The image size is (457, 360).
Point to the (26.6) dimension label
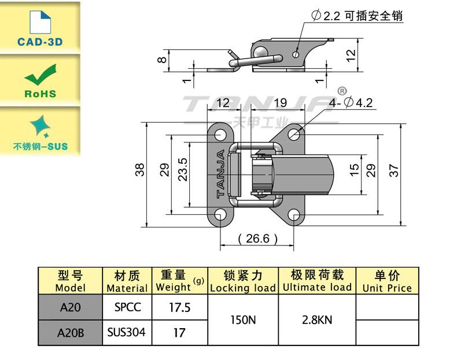257,238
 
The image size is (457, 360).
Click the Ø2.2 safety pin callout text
356,16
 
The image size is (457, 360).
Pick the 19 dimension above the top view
280,103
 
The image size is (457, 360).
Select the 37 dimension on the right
394,170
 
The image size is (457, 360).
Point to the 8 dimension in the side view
163,58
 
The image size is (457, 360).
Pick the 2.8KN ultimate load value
317,319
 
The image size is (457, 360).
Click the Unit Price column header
387,281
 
